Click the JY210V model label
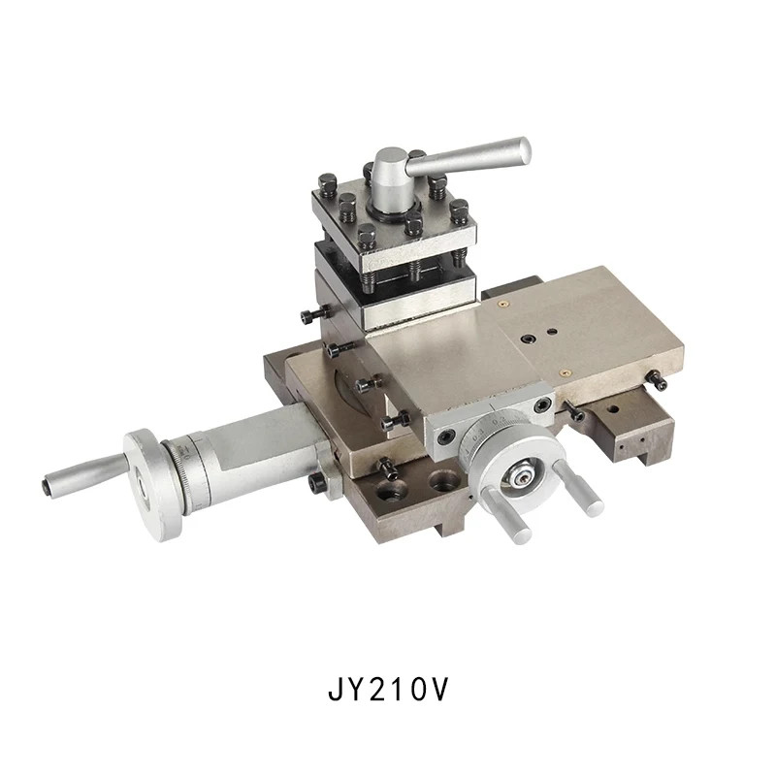pos(387,689)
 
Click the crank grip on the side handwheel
pos(84,474)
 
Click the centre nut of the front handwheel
pos(521,477)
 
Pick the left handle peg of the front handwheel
pos(505,516)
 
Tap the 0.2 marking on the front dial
pos(500,421)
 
